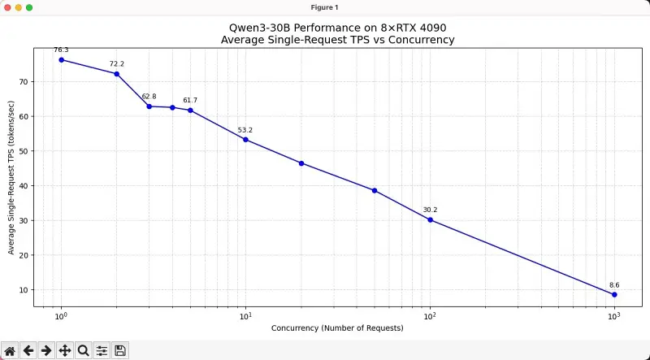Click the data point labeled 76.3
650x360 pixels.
pyautogui.click(x=61, y=59)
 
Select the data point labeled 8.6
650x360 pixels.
pyautogui.click(x=614, y=294)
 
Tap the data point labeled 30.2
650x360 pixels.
pyautogui.click(x=430, y=219)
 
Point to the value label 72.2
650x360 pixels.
pyautogui.click(x=117, y=64)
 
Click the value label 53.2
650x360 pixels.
pyautogui.click(x=245, y=130)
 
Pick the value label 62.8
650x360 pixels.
pyautogui.click(x=149, y=97)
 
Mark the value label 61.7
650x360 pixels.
pyautogui.click(x=190, y=100)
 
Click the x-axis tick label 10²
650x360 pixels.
pyautogui.click(x=430, y=315)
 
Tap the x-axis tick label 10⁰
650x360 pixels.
pyautogui.click(x=61, y=315)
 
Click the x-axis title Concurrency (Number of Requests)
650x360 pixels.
pyautogui.click(x=337, y=328)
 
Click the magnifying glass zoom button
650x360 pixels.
pyautogui.click(x=83, y=350)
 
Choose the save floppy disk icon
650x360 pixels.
pyautogui.click(x=120, y=350)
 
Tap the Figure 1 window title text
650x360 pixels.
pyautogui.click(x=325, y=7)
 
